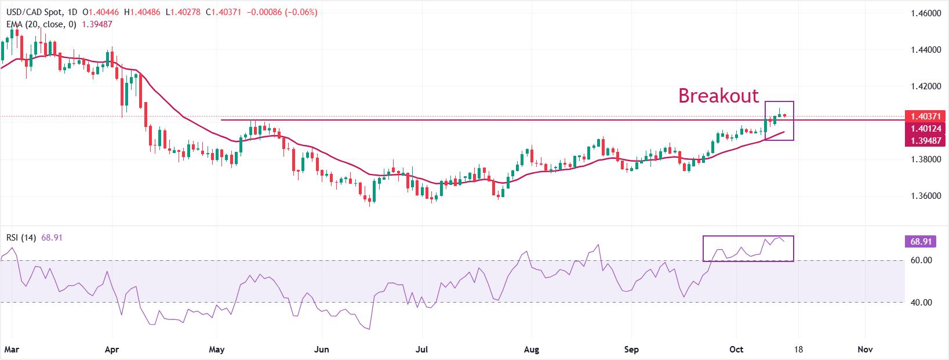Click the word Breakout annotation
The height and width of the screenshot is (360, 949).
(x=718, y=96)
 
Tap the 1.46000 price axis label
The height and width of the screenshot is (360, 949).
(x=925, y=13)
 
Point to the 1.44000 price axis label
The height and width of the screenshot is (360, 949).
(x=925, y=50)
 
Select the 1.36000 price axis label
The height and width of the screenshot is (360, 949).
(x=925, y=196)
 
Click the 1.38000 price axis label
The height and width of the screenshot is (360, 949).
(x=925, y=159)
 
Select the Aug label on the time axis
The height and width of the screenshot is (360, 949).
(x=531, y=350)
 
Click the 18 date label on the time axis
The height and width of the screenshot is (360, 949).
(x=799, y=350)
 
